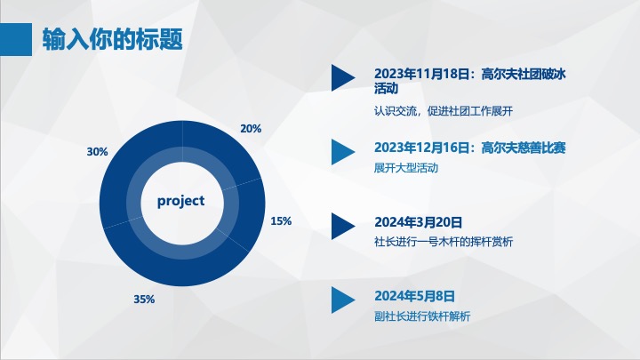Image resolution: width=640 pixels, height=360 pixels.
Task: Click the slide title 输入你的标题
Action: (112, 39)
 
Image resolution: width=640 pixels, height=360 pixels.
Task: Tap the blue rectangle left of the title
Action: (16, 39)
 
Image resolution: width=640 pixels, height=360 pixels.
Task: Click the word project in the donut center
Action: (180, 201)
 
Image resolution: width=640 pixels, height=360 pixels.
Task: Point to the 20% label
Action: (251, 129)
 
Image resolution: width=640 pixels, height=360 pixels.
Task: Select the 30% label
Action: (97, 152)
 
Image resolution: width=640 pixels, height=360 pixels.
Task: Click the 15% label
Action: (281, 221)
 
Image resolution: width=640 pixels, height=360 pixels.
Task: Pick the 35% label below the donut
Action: (144, 300)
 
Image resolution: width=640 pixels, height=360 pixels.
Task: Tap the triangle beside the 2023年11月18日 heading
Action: (343, 77)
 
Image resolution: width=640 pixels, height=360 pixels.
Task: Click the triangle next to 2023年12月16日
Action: (343, 152)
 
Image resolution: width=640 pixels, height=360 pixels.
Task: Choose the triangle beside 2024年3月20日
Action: (343, 226)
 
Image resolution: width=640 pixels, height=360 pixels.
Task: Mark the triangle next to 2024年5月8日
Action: (343, 300)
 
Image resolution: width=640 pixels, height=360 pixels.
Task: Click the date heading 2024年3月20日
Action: (419, 222)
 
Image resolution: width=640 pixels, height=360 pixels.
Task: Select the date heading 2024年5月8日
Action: (414, 296)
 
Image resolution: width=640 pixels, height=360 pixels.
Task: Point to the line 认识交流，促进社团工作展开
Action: (444, 111)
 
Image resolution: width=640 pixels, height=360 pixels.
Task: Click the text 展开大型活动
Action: (405, 168)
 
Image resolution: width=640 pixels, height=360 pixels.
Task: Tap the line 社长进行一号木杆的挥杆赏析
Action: (444, 242)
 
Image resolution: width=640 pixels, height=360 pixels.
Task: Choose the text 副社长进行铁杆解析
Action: (422, 316)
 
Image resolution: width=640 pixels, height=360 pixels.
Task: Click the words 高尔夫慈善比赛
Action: (524, 148)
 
